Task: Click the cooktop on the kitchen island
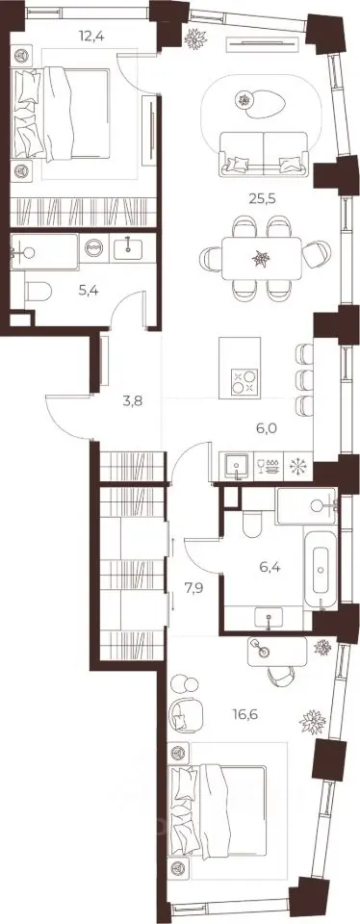pos(244,381)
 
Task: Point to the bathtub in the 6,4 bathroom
pos(321,571)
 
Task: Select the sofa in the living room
pos(264,154)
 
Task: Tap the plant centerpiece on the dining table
pos(261,258)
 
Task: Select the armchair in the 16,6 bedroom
pos(183,715)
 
